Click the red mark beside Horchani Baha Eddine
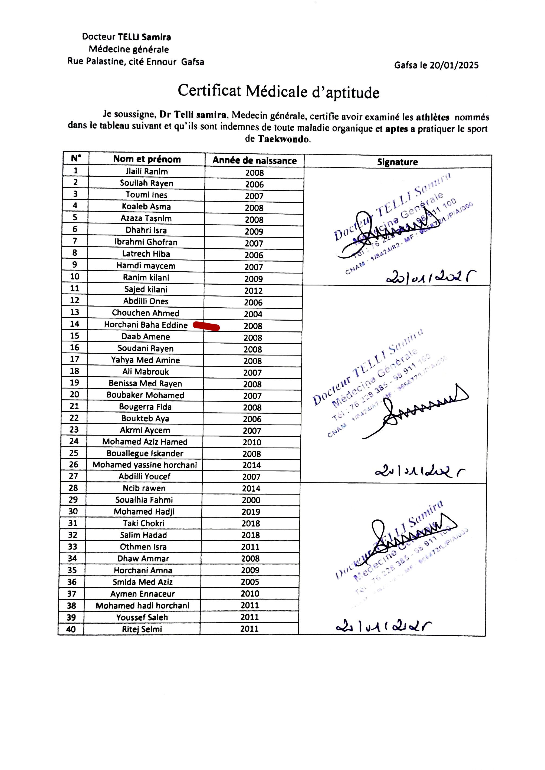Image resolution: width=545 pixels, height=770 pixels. coord(206,326)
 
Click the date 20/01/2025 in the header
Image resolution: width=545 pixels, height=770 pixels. coord(454,65)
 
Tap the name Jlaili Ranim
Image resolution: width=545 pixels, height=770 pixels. coord(147,172)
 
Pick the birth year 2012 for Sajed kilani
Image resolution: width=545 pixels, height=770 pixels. coord(253,291)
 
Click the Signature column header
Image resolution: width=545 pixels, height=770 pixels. coord(397,162)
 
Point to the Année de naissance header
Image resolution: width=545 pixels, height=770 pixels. coord(254,160)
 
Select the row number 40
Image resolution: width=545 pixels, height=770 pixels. coord(71,629)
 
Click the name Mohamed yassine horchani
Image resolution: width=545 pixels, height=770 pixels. coord(145,465)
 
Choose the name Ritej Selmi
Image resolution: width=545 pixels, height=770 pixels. coord(142,629)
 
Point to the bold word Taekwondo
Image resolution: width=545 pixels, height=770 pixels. coord(283,139)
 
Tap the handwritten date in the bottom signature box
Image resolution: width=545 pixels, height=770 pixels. coord(383,626)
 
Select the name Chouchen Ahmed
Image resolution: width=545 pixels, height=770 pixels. coord(146,313)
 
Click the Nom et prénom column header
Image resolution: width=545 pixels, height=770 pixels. coord(147,159)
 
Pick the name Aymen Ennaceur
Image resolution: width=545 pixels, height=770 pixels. coord(143,594)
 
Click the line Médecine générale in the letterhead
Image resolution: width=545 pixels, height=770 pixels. coord(129,49)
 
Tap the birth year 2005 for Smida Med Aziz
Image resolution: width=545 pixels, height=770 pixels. coord(250,582)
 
